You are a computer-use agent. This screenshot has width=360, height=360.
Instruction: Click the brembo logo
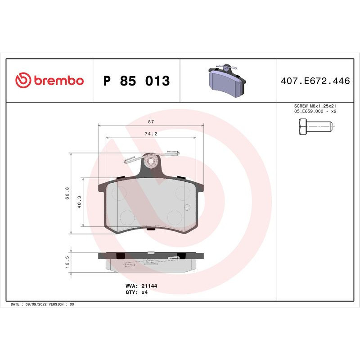pyautogui.click(x=49, y=81)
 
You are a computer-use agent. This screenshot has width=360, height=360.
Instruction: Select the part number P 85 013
pyautogui.click(x=136, y=81)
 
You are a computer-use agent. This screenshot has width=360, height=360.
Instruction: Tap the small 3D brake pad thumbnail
pyautogui.click(x=227, y=80)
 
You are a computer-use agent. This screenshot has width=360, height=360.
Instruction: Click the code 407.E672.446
pyautogui.click(x=315, y=81)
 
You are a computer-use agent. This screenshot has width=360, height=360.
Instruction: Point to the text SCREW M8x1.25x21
pyautogui.click(x=315, y=106)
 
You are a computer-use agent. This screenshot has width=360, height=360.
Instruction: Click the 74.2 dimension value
pyautogui.click(x=151, y=134)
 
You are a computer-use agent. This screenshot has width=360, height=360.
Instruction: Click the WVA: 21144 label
pyautogui.click(x=141, y=286)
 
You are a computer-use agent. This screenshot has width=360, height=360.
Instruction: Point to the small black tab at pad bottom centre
pyautogui.click(x=151, y=229)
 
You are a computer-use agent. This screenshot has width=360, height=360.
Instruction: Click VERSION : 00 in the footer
pyautogui.click(x=64, y=305)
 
